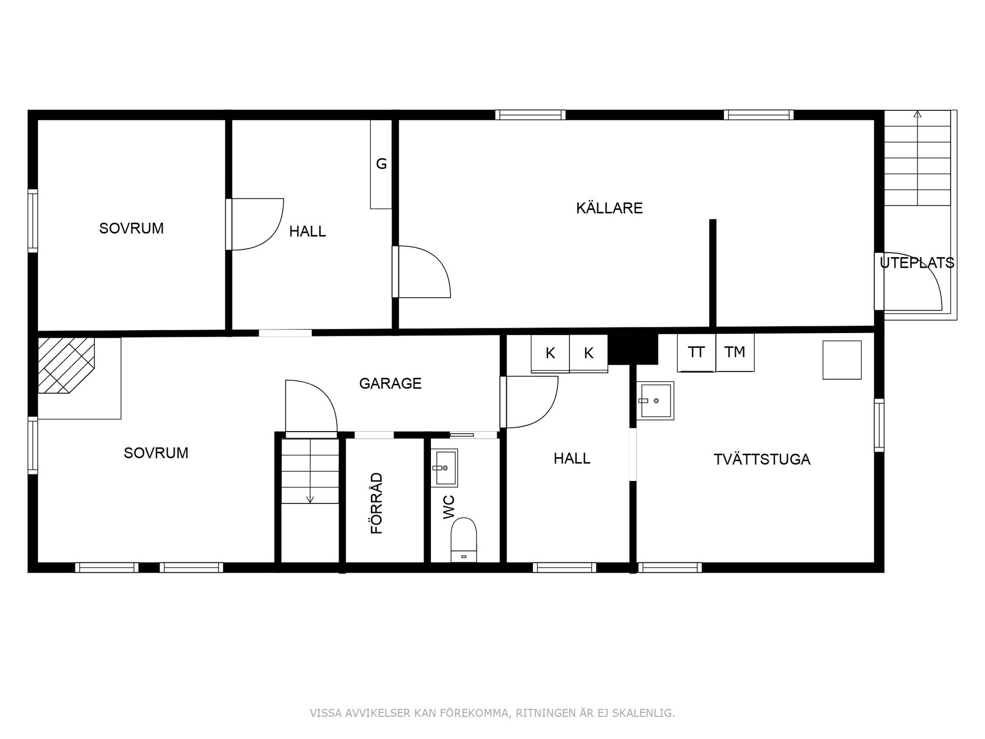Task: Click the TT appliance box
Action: (696, 353)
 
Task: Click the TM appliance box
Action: (735, 353)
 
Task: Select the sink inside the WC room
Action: (445, 468)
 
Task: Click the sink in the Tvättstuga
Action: (655, 401)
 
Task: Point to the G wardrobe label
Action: (381, 164)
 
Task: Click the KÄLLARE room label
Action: (609, 208)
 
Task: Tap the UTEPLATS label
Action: (917, 263)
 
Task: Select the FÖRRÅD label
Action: (377, 503)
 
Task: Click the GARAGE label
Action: (390, 383)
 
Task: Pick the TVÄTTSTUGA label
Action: (762, 459)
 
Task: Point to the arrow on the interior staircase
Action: (310, 498)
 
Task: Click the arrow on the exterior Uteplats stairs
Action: (917, 114)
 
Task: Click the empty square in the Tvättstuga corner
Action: (842, 360)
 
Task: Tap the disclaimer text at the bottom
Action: (492, 713)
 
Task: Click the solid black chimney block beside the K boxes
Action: (633, 349)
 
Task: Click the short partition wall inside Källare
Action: (713, 273)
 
